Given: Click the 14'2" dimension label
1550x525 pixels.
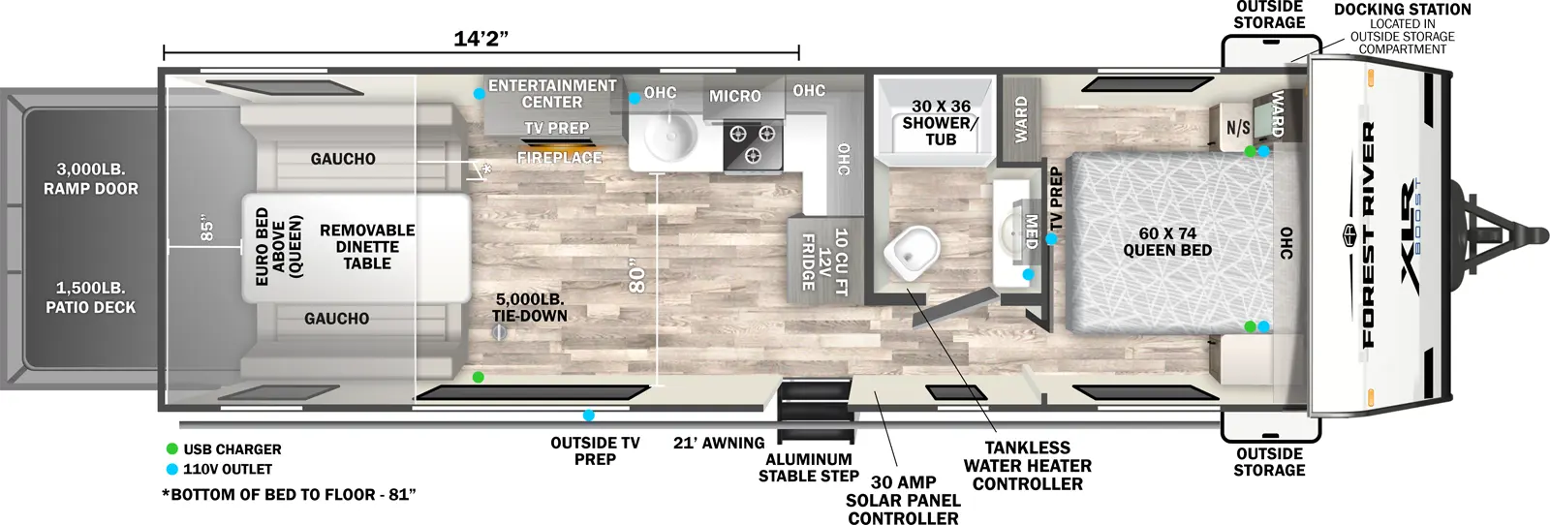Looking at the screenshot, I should tap(480, 39).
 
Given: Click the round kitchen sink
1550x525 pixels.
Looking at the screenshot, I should tap(667, 137).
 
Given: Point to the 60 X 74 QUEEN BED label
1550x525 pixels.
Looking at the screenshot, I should tap(1167, 242).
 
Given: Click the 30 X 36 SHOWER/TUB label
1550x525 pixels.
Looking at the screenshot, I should tap(940, 122).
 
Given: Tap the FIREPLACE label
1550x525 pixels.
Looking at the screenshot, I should tap(559, 158).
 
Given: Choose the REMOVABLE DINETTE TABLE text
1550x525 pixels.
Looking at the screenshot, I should tap(367, 246).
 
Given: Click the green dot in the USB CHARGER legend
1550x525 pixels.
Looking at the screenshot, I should tap(172, 449).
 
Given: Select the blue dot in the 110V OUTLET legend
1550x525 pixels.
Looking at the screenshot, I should tap(172, 469).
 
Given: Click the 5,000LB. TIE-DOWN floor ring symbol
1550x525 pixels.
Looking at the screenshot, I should tap(500, 332).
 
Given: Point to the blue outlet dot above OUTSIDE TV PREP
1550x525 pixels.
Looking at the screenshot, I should tap(588, 416).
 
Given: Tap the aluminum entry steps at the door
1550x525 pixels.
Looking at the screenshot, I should tap(817, 412).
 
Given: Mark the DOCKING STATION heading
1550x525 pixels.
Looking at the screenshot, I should tap(1402, 10).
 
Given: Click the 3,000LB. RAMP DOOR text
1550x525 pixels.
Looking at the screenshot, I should tap(91, 179).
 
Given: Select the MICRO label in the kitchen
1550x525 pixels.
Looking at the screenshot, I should tap(735, 96).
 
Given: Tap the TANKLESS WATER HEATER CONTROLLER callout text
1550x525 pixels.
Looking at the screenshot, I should tap(1027, 466).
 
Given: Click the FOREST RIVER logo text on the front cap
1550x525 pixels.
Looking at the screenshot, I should tap(1368, 234).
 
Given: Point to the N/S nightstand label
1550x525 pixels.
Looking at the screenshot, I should tap(1237, 128).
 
